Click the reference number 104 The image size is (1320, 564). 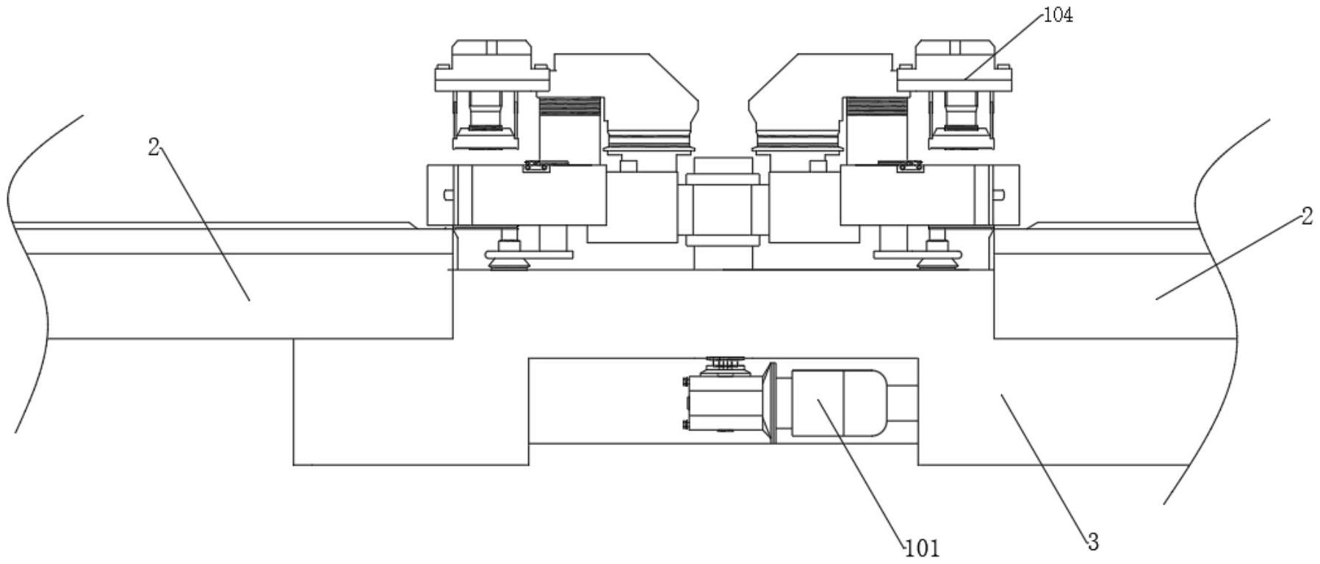pyautogui.click(x=1058, y=15)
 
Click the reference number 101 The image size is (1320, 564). pyautogui.click(x=923, y=548)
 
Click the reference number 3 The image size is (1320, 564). pyautogui.click(x=1093, y=543)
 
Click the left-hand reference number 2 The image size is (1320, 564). pyautogui.click(x=153, y=147)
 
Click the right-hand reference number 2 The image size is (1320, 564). pyautogui.click(x=1306, y=217)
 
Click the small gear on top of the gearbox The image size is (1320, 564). pyautogui.click(x=724, y=362)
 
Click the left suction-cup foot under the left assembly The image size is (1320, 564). pyautogui.click(x=507, y=258)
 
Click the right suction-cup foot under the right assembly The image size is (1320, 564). pyautogui.click(x=939, y=258)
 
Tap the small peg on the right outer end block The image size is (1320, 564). pyautogui.click(x=998, y=195)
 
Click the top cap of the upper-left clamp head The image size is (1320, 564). pyautogui.click(x=491, y=50)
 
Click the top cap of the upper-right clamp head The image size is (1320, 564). pyautogui.click(x=954, y=50)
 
